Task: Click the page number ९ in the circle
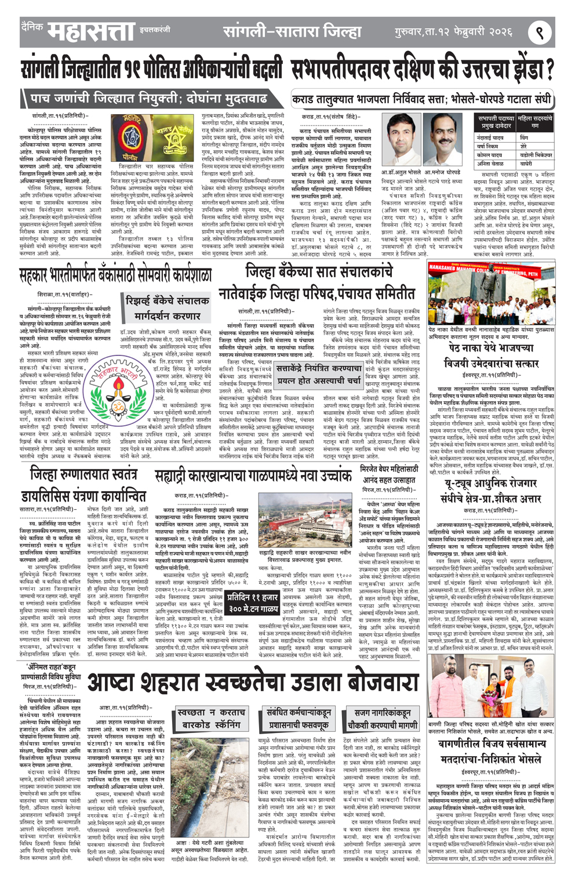(539, 32)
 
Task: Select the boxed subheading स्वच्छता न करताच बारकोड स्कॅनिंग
(210, 719)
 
